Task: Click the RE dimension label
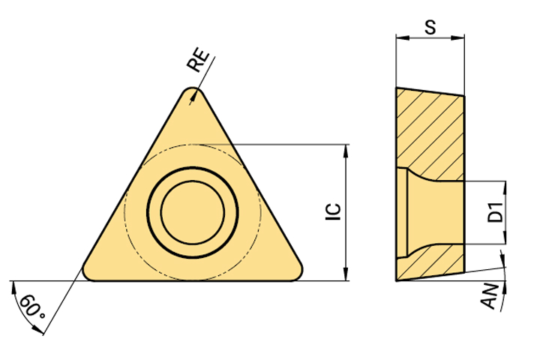198,61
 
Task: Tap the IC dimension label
333,211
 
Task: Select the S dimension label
430,27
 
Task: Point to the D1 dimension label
496,211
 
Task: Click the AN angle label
490,296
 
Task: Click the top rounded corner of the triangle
193,89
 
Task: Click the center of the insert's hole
193,212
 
